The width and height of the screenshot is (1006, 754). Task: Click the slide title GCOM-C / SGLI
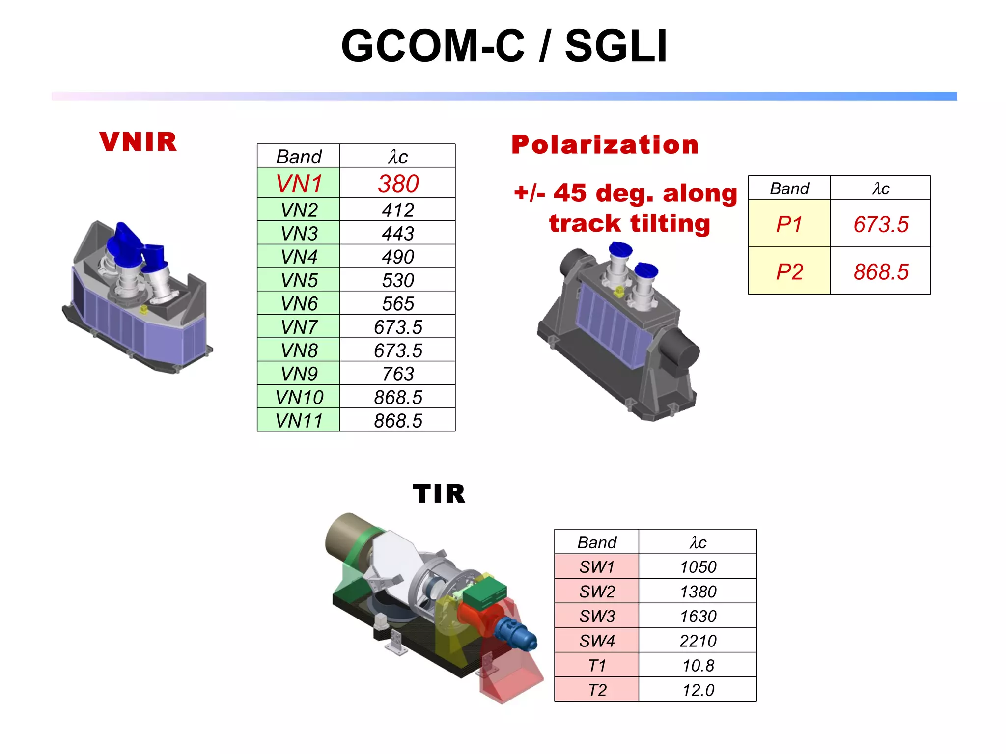point(504,46)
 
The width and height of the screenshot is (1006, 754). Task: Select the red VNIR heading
point(138,142)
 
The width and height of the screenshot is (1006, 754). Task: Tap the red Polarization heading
point(605,145)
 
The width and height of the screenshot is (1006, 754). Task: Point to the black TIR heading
point(439,494)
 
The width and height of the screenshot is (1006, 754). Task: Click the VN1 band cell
point(299,184)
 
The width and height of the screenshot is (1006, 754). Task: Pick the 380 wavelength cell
point(398,184)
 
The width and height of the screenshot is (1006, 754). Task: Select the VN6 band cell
point(299,303)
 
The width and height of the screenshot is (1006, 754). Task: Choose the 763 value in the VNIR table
point(398,374)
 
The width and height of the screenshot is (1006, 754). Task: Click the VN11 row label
point(299,421)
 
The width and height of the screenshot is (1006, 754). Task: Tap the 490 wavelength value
point(398,256)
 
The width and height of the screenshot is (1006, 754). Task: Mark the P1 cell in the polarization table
point(789,224)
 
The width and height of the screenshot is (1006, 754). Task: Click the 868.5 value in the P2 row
point(881,271)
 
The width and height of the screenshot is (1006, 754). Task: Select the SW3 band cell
point(596,616)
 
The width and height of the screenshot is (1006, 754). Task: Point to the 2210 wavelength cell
point(698,641)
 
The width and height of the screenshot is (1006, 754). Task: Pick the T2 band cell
point(596,690)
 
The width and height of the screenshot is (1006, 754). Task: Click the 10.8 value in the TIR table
point(698,665)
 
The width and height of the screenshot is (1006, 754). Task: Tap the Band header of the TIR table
point(596,542)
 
